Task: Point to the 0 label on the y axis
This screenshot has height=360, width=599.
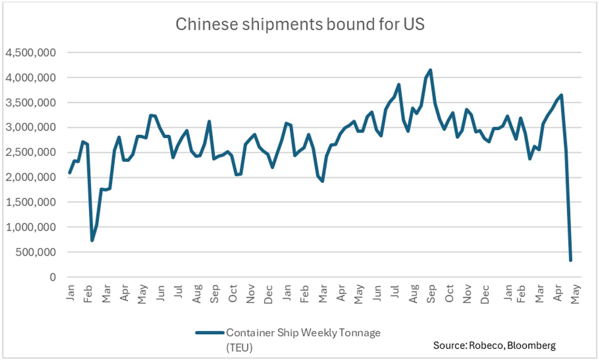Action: pos(53,277)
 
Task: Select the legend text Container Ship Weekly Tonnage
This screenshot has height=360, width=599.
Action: pos(303,333)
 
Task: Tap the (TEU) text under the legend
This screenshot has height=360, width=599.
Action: pos(239,347)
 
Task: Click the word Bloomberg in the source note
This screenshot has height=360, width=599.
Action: pos(535,345)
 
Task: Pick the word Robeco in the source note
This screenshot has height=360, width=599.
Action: pos(483,345)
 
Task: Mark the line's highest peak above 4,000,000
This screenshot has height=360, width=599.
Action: pos(431,70)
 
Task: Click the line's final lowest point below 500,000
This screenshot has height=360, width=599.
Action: pos(571,260)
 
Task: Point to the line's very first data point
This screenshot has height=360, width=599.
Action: pos(70,173)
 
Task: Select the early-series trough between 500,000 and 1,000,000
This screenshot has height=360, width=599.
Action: pos(92,240)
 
